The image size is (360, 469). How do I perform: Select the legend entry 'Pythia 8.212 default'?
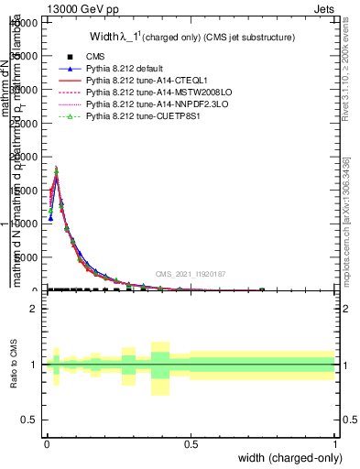(x=129, y=70)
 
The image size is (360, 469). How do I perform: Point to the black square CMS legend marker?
(x=69, y=58)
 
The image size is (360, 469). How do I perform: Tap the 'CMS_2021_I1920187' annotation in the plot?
(x=191, y=274)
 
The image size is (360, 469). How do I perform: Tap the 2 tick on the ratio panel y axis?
(x=32, y=309)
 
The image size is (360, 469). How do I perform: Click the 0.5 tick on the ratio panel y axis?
(x=27, y=420)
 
